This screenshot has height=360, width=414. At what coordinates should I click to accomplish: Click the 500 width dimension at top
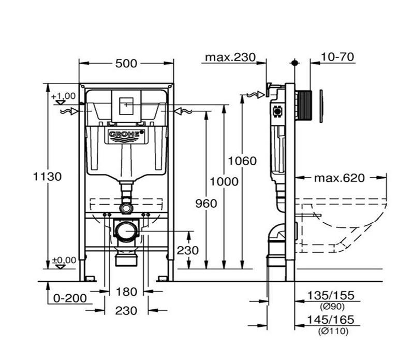click(x=126, y=63)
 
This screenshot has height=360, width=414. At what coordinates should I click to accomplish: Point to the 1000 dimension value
click(x=224, y=181)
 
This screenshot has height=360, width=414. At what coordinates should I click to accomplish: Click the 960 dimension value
click(x=206, y=204)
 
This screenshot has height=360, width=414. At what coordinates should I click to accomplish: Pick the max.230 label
click(x=230, y=57)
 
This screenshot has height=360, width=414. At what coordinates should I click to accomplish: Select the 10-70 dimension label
click(x=337, y=57)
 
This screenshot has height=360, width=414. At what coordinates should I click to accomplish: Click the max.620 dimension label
click(x=339, y=178)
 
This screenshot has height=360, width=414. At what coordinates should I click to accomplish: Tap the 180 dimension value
click(x=126, y=292)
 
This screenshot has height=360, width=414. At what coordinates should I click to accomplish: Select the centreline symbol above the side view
click(x=295, y=63)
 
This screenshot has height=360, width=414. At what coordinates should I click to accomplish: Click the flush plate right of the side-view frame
click(x=321, y=107)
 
